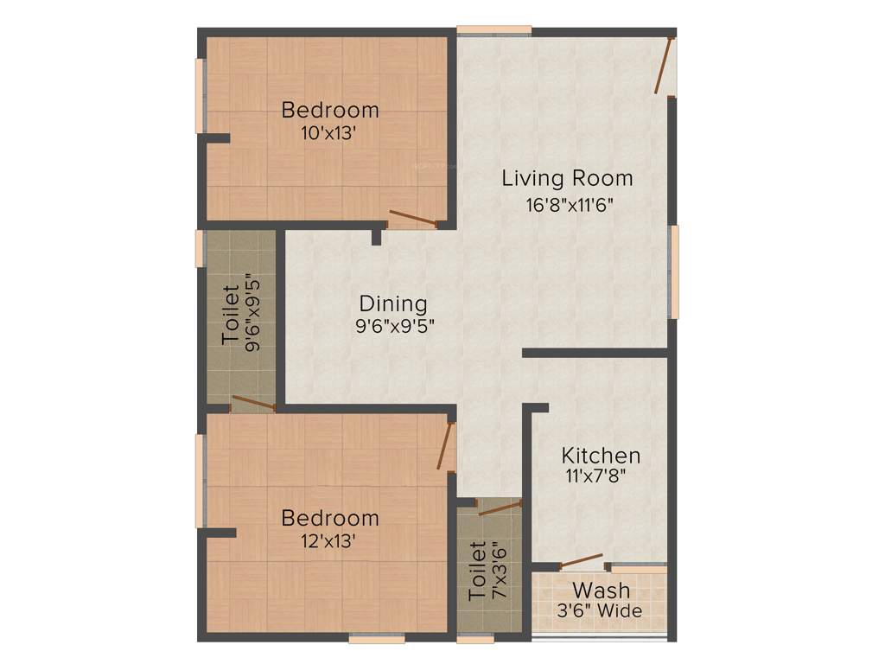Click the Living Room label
[567, 179]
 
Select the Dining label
[393, 303]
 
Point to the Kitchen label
[601, 456]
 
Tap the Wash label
[601, 591]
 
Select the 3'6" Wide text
[599, 611]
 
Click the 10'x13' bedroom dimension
[329, 133]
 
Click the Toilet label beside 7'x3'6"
[477, 571]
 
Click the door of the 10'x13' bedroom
[412, 218]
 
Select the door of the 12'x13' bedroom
[446, 445]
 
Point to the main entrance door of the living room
[663, 67]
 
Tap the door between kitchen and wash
[581, 560]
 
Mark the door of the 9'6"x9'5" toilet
[254, 402]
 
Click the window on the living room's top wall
[494, 30]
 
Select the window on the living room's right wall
[674, 271]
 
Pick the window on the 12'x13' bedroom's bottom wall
[377, 639]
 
